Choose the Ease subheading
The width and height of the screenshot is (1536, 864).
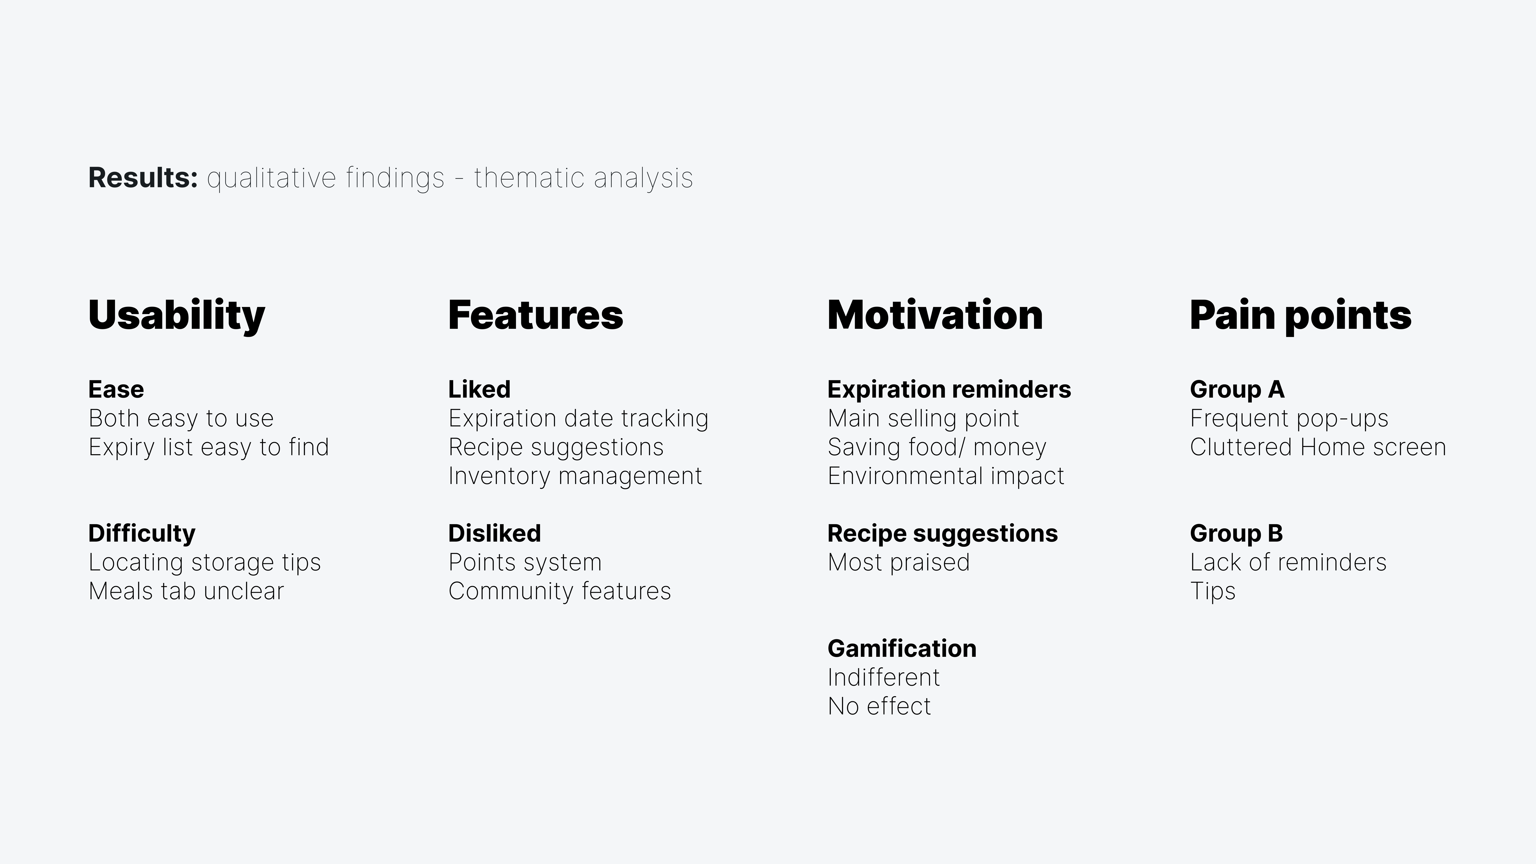pyautogui.click(x=116, y=389)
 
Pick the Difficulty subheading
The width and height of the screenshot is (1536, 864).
pyautogui.click(x=142, y=533)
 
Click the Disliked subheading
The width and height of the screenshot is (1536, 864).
pyautogui.click(x=494, y=533)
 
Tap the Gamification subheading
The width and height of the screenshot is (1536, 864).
pyautogui.click(x=902, y=648)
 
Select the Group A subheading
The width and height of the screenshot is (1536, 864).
pyautogui.click(x=1237, y=389)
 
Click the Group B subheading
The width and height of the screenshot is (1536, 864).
pyautogui.click(x=1236, y=533)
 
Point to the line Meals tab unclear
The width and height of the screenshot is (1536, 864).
pyautogui.click(x=186, y=591)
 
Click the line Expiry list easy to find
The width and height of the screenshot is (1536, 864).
pyautogui.click(x=209, y=447)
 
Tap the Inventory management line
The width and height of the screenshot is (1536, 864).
pyautogui.click(x=575, y=476)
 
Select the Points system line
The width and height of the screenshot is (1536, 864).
pyautogui.click(x=525, y=562)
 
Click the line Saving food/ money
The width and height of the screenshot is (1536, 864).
pyautogui.click(x=937, y=447)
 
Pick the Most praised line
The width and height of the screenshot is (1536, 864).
pyautogui.click(x=899, y=562)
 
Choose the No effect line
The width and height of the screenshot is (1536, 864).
pyautogui.click(x=879, y=706)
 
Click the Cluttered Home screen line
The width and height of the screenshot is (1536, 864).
pyautogui.click(x=1318, y=447)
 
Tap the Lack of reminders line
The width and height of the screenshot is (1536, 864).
pyautogui.click(x=1288, y=562)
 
